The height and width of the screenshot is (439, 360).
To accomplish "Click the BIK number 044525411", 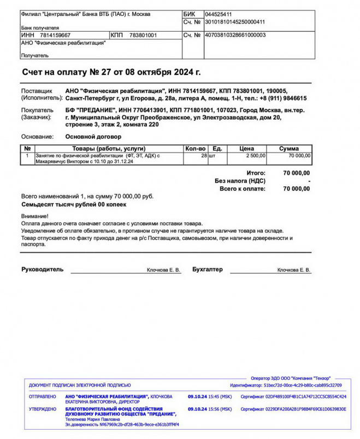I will pyautogui.click(x=218, y=14).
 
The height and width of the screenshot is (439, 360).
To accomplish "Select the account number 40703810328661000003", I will pyautogui.click(x=235, y=35).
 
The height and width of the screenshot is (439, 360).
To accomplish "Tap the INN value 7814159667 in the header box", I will pyautogui.click(x=55, y=35).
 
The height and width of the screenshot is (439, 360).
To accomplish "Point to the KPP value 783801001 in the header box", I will pyautogui.click(x=143, y=35).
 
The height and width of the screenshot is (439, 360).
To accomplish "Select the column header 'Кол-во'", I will pyautogui.click(x=195, y=148).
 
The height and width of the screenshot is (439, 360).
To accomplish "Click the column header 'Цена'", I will pyautogui.click(x=247, y=148).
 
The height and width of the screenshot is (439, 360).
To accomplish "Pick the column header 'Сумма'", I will pyautogui.click(x=289, y=148).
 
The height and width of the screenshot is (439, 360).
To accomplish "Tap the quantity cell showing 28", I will pyautogui.click(x=203, y=156).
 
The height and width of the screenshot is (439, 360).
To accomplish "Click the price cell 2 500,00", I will pyautogui.click(x=255, y=156).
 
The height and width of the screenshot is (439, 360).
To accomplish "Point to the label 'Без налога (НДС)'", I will pyautogui.click(x=240, y=180).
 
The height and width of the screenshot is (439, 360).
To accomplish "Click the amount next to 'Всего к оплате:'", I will pyautogui.click(x=297, y=189).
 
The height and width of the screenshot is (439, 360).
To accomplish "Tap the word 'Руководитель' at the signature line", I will pyautogui.click(x=42, y=270).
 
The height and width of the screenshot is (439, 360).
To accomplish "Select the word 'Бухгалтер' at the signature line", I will pyautogui.click(x=208, y=270).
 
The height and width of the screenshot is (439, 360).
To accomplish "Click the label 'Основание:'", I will pyautogui.click(x=37, y=137).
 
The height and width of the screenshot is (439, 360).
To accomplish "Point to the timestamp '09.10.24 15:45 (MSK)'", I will pyautogui.click(x=210, y=397).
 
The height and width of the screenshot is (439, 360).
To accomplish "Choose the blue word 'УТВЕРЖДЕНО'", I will pyautogui.click(x=42, y=409).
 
